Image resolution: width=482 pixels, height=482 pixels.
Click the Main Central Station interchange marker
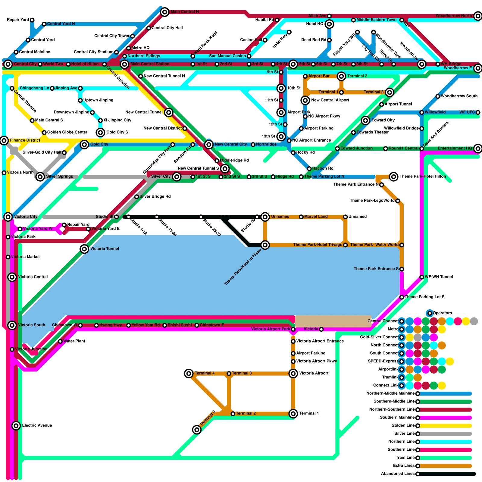124,64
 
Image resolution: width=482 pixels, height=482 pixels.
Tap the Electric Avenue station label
37,425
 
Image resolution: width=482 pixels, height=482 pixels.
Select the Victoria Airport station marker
293,374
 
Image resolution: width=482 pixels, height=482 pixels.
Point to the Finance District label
25,140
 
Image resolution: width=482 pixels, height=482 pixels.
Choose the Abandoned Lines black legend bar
446,474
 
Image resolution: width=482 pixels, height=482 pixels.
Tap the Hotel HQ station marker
329,24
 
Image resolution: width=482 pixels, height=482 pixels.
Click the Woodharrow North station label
454,16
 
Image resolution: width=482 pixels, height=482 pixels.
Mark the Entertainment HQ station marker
478,148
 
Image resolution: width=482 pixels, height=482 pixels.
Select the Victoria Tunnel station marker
84,249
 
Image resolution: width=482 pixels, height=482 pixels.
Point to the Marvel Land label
316,217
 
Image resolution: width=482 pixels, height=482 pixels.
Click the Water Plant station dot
60,341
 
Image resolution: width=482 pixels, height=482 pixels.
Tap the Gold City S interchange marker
100,132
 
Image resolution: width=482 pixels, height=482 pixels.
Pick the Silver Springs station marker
40,177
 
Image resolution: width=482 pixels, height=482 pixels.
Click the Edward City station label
383,120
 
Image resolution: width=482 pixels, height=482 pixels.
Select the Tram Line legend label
405,458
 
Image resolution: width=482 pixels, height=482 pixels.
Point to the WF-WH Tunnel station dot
422,277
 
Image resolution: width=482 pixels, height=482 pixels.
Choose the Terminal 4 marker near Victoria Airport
189,374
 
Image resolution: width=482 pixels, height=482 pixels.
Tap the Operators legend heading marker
430,313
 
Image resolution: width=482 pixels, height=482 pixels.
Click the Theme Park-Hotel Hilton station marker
393,177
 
